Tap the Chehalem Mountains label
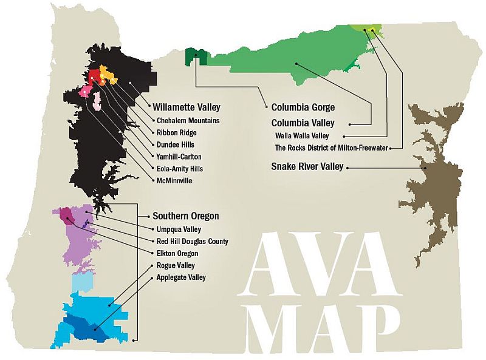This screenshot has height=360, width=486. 188,120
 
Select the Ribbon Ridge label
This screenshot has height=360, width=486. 177,132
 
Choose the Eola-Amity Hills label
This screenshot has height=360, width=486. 180,169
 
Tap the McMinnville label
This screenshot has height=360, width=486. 174,180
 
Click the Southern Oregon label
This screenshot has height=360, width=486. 185,216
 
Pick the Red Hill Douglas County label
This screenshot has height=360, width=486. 193,241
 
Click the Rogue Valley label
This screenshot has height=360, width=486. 176,265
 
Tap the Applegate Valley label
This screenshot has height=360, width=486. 181,277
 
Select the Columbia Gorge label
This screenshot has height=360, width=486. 303,107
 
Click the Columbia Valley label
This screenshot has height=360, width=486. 303,123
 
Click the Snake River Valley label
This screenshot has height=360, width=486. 307,166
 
